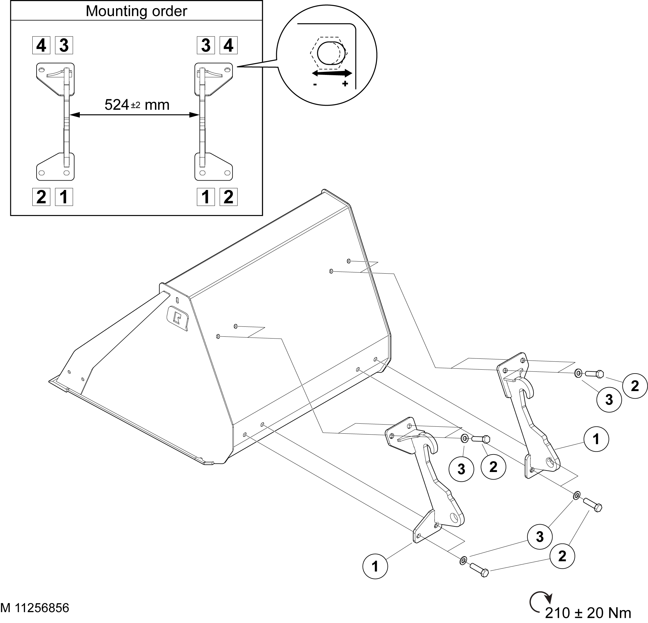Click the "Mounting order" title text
pyautogui.click(x=136, y=11)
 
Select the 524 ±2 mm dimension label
pyautogui.click(x=137, y=105)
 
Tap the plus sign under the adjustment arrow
pyautogui.click(x=345, y=84)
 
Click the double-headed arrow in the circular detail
pyautogui.click(x=332, y=73)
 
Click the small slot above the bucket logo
pyautogui.click(x=177, y=300)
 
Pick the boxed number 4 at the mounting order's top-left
pyautogui.click(x=41, y=45)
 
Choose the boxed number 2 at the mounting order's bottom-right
pyautogui.click(x=228, y=197)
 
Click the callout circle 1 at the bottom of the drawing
pyautogui.click(x=375, y=567)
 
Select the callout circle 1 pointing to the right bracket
pyautogui.click(x=596, y=439)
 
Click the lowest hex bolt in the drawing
pyautogui.click(x=479, y=570)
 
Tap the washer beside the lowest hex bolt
pyautogui.click(x=463, y=560)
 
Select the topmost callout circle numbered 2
pyautogui.click(x=635, y=386)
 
